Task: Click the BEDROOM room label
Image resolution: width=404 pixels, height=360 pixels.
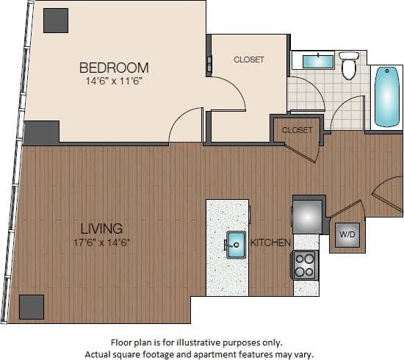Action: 114,68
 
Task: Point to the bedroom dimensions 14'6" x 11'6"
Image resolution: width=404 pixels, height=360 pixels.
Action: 114,81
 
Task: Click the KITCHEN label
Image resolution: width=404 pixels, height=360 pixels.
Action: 270,242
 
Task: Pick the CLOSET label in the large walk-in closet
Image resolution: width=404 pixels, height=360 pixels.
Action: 249,60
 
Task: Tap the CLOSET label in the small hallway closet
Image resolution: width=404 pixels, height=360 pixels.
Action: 297,130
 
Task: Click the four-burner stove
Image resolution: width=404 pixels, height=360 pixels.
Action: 305,264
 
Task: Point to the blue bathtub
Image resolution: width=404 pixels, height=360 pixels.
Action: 387,96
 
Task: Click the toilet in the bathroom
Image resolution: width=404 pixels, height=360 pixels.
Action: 349,67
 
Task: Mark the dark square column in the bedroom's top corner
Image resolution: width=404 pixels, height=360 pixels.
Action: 55,21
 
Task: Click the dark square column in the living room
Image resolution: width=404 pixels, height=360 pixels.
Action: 32,306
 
